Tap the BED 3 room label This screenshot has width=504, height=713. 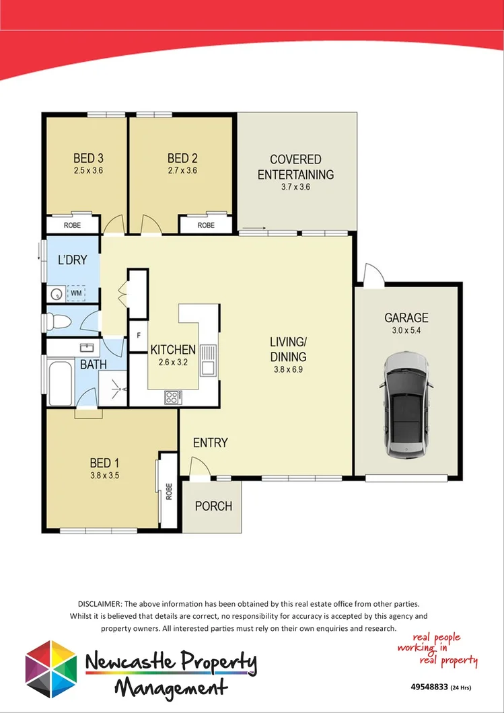click(87, 159)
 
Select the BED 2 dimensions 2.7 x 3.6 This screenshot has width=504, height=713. click(182, 171)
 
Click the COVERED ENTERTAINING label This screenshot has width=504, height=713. click(296, 167)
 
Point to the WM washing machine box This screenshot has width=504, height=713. click(76, 293)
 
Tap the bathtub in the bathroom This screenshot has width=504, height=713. click(59, 381)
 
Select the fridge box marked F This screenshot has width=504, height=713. click(138, 334)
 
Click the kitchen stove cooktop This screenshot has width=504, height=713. click(172, 398)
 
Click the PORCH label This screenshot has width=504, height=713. click(213, 506)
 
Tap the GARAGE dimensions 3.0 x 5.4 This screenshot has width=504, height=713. click(406, 330)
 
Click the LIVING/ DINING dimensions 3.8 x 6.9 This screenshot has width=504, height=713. click(288, 369)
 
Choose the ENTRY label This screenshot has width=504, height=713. click(211, 443)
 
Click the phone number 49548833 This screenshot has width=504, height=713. click(428, 687)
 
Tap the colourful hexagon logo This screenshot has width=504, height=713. click(50, 669)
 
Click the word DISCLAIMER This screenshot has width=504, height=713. click(100, 605)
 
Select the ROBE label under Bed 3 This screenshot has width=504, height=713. click(73, 225)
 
